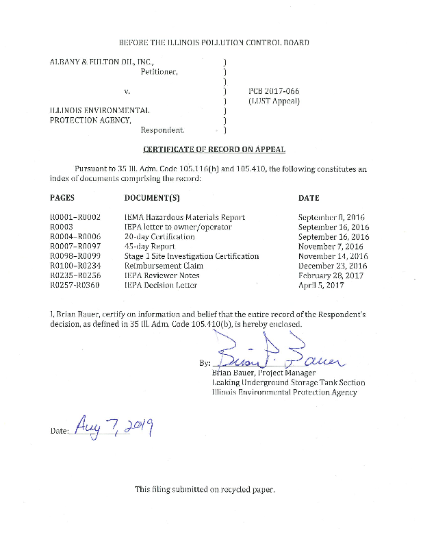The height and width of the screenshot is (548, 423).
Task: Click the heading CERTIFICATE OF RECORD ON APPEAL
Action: (214, 149)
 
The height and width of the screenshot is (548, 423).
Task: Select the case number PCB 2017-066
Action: (273, 90)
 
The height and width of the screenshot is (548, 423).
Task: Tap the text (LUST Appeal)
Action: (274, 101)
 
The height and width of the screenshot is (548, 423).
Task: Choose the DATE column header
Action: (309, 198)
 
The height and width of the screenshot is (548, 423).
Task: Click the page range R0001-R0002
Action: (76, 217)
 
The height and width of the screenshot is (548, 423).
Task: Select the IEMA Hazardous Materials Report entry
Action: (184, 217)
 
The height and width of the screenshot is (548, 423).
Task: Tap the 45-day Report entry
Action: (149, 246)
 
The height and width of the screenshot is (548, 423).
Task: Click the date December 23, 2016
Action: (333, 266)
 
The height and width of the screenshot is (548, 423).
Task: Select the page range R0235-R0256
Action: (76, 275)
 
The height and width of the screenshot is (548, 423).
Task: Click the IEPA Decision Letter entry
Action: (161, 285)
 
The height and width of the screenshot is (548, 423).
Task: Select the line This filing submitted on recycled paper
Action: (205, 489)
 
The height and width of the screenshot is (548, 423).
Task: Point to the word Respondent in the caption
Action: (162, 129)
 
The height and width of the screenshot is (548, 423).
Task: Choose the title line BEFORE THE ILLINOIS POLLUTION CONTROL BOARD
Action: (214, 42)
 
